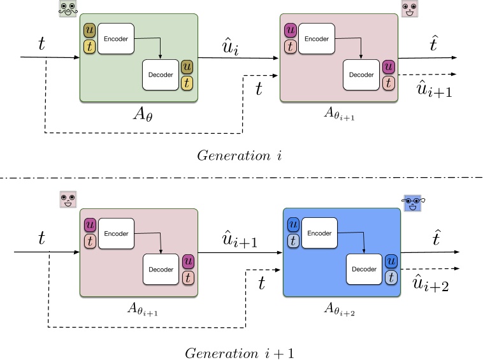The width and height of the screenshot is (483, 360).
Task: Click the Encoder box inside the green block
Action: [x=117, y=38]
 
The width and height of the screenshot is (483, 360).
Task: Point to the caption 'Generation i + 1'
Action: [x=240, y=352]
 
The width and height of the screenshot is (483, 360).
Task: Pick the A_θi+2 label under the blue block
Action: [x=341, y=310]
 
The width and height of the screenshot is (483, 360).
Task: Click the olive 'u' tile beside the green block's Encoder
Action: [x=89, y=31]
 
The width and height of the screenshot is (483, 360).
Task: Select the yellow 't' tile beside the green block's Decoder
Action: [x=187, y=82]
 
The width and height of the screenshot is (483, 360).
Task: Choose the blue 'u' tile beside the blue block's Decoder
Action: [x=392, y=261]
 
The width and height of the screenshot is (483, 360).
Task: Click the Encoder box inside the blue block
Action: [x=319, y=233]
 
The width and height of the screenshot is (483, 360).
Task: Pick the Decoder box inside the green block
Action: [x=161, y=75]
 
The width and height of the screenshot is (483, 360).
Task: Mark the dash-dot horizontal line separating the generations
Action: [x=242, y=178]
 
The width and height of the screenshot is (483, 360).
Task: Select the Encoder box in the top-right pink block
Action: [x=316, y=38]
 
